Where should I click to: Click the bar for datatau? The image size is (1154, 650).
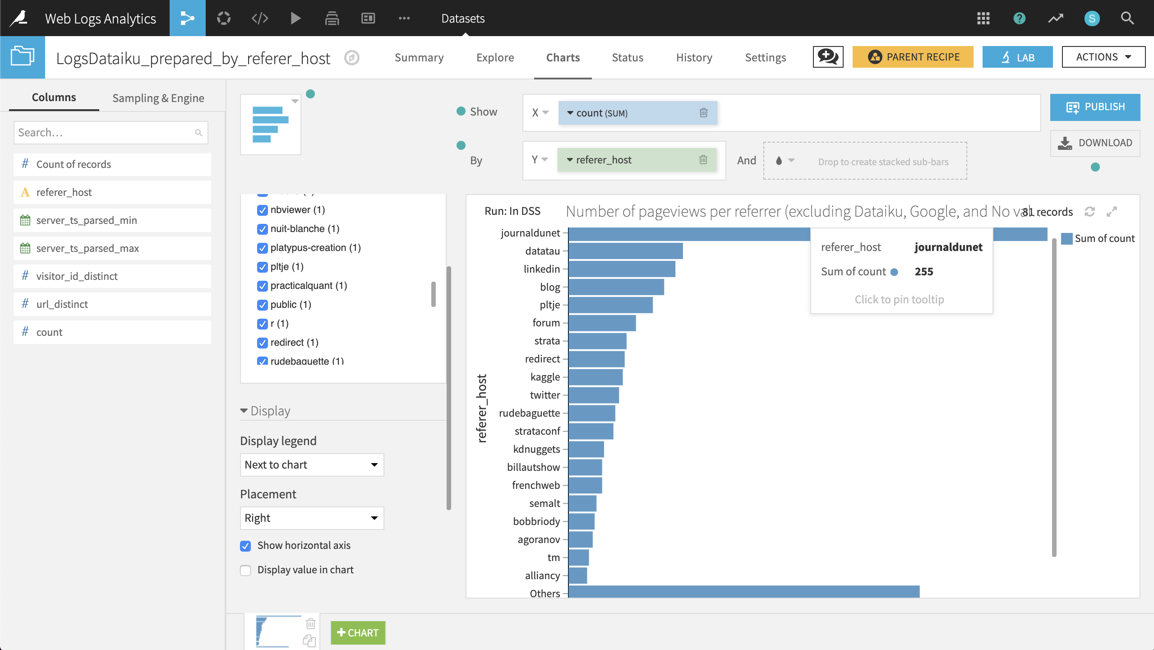pos(625,251)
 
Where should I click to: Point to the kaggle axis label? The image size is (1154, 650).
pos(545,377)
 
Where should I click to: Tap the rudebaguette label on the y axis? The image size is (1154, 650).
pos(529,413)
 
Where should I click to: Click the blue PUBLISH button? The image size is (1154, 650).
pos(1095,107)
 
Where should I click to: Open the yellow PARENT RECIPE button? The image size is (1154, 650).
pos(913,57)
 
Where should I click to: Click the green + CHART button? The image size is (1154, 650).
pos(358,632)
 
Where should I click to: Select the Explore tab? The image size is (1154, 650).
pos(495,57)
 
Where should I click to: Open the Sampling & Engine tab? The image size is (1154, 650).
pos(158,98)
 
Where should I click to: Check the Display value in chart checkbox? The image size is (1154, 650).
pos(245,570)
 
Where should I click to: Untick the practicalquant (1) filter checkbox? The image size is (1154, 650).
pos(262,286)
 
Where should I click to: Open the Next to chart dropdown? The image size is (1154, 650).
pos(311,465)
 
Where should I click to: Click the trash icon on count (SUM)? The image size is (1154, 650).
pos(703,113)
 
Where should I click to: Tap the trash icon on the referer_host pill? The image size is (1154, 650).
pos(703,160)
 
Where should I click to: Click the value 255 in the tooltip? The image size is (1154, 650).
pos(923,272)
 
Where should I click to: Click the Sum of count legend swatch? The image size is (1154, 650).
pos(1066,238)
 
